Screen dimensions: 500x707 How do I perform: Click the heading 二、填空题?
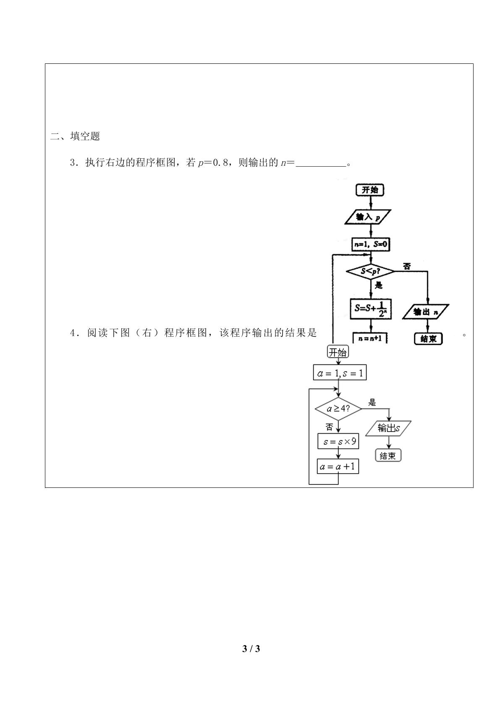[x=75, y=136]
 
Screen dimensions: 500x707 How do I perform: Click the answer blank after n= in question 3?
[x=321, y=165]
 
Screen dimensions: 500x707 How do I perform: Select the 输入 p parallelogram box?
[x=368, y=217]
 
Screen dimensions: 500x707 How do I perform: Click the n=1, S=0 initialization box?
[x=371, y=244]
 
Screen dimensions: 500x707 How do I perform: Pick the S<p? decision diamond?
[x=371, y=271]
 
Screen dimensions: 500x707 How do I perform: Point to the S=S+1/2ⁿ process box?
[x=371, y=309]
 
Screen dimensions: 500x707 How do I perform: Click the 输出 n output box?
[x=426, y=312]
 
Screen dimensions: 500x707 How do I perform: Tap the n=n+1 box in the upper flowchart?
[x=370, y=338]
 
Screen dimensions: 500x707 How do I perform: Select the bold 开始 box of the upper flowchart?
[x=370, y=190]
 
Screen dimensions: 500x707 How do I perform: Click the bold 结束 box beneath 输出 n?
[x=428, y=339]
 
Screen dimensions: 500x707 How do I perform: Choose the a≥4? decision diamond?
[x=338, y=409]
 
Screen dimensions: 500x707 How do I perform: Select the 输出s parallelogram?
[x=388, y=428]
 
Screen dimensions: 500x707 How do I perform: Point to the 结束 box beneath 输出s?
[x=388, y=456]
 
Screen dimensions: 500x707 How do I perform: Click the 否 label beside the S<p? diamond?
[x=407, y=267]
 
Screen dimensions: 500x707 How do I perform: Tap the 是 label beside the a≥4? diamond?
[x=372, y=402]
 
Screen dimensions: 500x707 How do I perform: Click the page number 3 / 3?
[x=251, y=648]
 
